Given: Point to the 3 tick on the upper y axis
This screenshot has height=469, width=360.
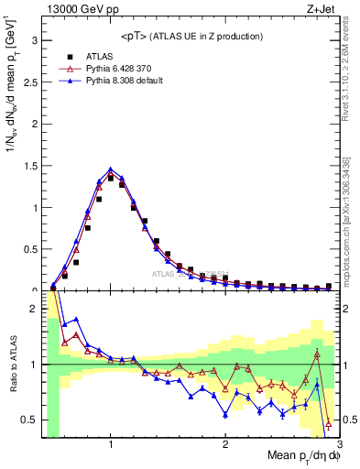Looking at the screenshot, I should click(34, 41).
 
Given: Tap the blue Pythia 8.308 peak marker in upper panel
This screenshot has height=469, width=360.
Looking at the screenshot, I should click(111, 169).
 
